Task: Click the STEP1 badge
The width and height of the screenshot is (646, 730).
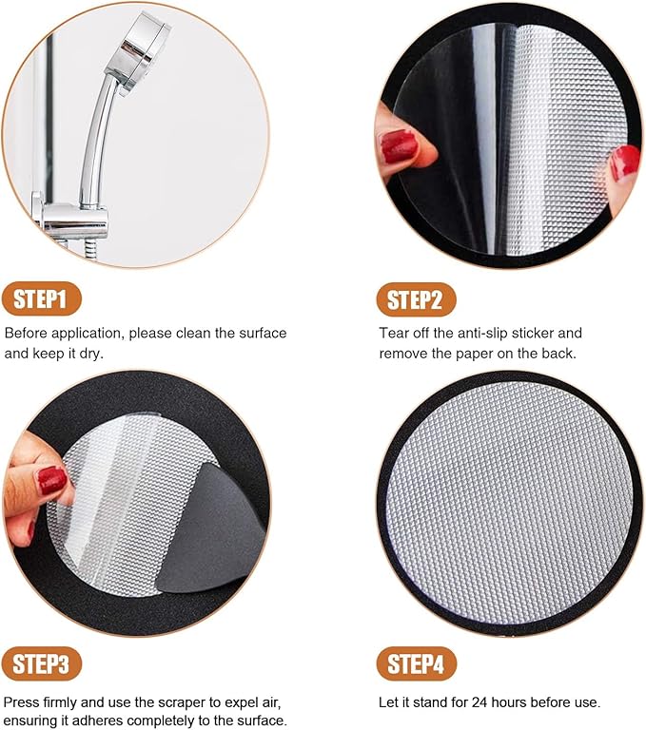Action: (41, 300)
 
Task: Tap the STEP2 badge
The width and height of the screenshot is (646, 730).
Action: (416, 300)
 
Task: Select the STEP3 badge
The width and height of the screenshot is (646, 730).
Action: (41, 663)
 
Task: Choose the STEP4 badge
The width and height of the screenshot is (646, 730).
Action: (416, 663)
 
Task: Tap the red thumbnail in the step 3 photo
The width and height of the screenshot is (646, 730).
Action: (51, 480)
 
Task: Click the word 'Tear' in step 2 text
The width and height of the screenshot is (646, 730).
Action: (395, 334)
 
